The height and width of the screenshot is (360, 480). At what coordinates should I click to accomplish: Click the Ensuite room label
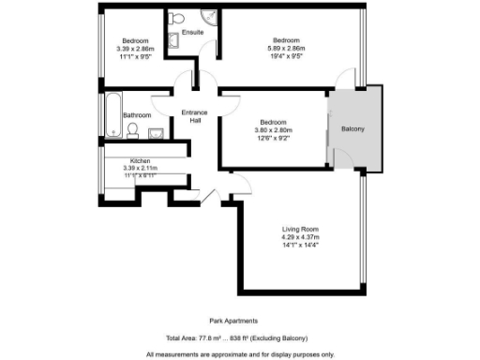tap(193, 32)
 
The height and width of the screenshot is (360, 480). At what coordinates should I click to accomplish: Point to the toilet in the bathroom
tap(133, 129)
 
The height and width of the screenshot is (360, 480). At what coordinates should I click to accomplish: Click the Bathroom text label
tap(138, 114)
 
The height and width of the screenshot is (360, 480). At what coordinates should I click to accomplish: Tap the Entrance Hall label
tap(196, 116)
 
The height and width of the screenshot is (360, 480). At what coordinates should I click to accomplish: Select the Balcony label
tap(352, 128)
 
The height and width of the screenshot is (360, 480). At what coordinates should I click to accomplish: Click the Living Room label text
tap(301, 230)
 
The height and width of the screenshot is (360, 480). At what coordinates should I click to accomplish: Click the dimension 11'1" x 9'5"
tap(135, 55)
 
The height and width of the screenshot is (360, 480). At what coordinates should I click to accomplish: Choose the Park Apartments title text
tap(230, 320)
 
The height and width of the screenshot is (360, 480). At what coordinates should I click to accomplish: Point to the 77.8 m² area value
tap(211, 337)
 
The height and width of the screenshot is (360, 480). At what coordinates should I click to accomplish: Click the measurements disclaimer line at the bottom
tap(240, 354)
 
